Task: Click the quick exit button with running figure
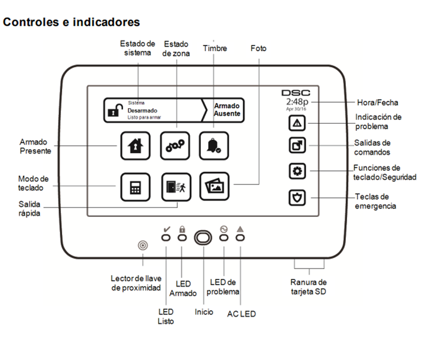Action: [175, 187]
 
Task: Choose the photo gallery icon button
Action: [214, 187]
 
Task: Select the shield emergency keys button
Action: [297, 198]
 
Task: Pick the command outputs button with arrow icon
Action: [297, 146]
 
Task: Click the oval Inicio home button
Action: [203, 238]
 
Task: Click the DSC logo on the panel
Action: [296, 93]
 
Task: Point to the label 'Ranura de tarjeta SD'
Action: [309, 286]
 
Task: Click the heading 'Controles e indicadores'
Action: [71, 22]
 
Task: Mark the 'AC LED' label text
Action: [241, 314]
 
